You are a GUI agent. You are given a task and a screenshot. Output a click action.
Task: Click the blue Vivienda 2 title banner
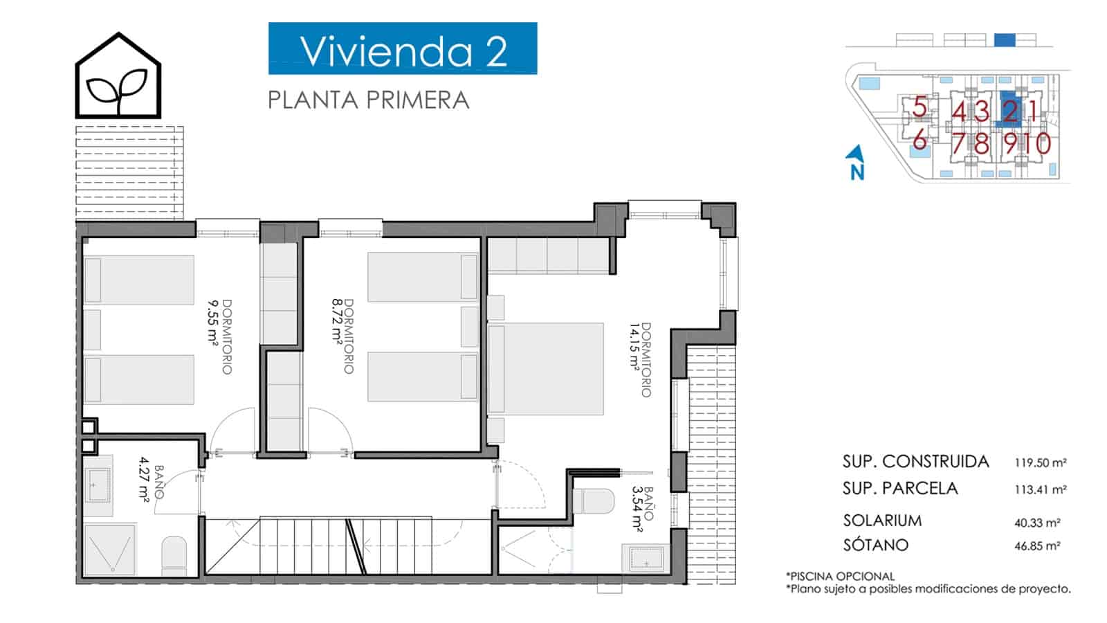403,48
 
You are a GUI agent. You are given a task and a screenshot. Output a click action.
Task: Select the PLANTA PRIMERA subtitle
368,100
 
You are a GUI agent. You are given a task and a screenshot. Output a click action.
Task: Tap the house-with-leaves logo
118,75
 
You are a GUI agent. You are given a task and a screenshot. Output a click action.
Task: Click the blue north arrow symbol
855,162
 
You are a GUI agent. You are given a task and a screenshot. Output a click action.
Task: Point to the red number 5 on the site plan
920,107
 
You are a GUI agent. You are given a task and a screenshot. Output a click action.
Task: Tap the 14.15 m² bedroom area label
634,347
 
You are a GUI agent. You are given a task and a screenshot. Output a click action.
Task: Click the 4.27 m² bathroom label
144,479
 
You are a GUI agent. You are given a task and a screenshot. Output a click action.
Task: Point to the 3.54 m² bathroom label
637,509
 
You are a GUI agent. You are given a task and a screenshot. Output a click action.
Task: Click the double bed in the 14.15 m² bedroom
546,369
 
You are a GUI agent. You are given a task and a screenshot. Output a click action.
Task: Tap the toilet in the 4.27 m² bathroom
174,556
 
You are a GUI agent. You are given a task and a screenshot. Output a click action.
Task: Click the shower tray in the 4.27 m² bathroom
110,550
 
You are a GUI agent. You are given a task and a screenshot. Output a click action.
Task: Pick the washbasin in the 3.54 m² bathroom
646,559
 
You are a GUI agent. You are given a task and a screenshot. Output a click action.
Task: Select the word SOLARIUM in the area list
882,521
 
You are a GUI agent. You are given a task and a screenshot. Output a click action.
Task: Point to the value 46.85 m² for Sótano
1037,546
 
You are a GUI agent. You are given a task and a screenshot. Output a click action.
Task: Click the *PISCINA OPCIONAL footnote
840,577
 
